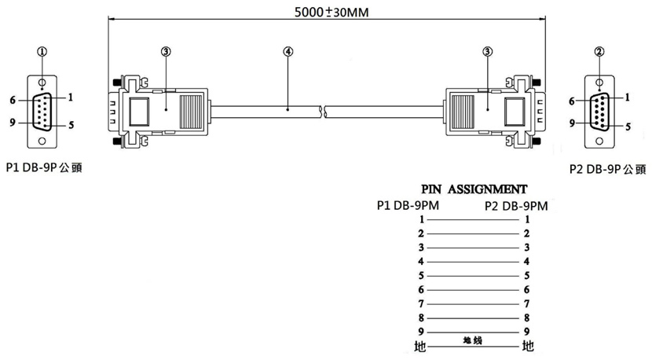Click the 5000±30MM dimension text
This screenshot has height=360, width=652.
[331, 12]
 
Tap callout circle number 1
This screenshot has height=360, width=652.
[42, 52]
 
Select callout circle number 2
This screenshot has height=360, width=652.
[599, 52]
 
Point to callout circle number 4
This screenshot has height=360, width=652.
[288, 52]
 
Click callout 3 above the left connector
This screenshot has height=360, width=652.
[166, 52]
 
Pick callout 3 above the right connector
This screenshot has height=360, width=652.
[487, 52]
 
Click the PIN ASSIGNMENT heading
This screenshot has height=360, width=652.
[474, 189]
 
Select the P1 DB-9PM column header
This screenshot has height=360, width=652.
[408, 205]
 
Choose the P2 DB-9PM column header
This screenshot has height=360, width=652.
[516, 206]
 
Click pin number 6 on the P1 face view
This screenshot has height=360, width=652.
[13, 101]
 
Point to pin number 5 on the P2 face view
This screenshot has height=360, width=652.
[628, 127]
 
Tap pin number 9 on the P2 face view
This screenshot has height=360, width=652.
[572, 123]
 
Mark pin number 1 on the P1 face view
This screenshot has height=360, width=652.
[70, 97]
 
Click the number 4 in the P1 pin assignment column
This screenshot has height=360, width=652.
[421, 262]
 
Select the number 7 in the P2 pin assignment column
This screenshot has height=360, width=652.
[527, 304]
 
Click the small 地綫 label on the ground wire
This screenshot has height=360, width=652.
[472, 340]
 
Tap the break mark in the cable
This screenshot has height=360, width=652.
[322, 112]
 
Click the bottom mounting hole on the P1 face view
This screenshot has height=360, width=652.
[42, 141]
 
